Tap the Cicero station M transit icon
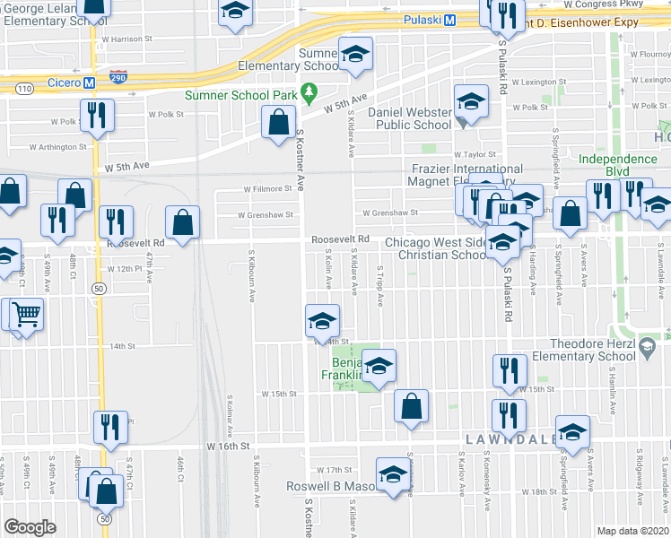point(89,82)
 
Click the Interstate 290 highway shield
point(118,78)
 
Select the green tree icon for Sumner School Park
point(309,91)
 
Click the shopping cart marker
point(27,314)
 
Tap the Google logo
point(30,526)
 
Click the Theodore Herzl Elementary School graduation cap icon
point(647,345)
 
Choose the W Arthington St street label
point(58,146)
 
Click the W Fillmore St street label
point(270,189)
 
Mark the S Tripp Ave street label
point(380,286)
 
